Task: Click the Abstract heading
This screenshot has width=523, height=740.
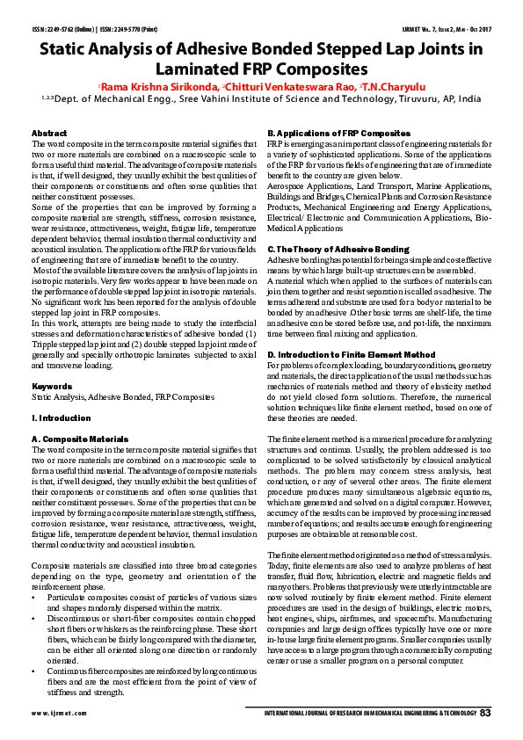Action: pyautogui.click(x=49, y=133)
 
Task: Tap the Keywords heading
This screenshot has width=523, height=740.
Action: pyautogui.click(x=52, y=386)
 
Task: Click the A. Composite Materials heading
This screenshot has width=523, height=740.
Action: pyautogui.click(x=80, y=437)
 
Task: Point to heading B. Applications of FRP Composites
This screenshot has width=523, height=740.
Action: pyautogui.click(x=338, y=133)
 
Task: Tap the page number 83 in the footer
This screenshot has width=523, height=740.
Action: pyautogui.click(x=484, y=712)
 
